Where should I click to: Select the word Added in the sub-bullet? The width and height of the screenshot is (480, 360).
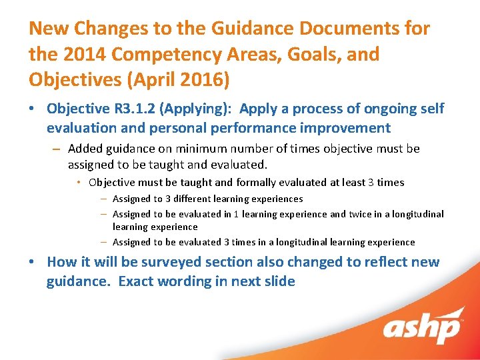point(85,149)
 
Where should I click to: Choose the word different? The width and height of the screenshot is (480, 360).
point(197,199)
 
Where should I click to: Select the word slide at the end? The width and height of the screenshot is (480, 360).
point(279,281)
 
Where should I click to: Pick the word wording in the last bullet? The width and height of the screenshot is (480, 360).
point(186,281)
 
